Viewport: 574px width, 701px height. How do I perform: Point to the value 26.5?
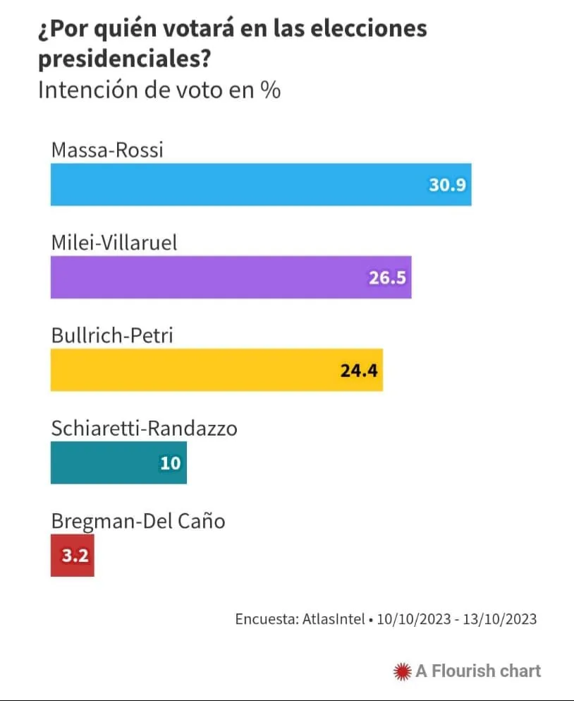pyautogui.click(x=388, y=277)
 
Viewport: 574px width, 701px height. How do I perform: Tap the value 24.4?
pyautogui.click(x=360, y=370)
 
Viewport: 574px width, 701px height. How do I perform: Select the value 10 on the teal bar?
pyautogui.click(x=171, y=463)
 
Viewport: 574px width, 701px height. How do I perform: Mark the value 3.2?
pyautogui.click(x=73, y=556)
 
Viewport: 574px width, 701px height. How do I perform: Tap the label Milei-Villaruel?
pyautogui.click(x=114, y=242)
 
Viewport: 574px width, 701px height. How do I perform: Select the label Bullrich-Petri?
pyautogui.click(x=112, y=335)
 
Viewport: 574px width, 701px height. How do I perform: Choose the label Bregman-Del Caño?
pyautogui.click(x=138, y=521)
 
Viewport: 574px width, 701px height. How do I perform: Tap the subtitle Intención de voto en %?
pyautogui.click(x=159, y=91)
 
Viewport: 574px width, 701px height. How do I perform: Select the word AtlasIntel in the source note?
pyautogui.click(x=333, y=619)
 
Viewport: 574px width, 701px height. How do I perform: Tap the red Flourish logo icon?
pyautogui.click(x=402, y=671)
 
